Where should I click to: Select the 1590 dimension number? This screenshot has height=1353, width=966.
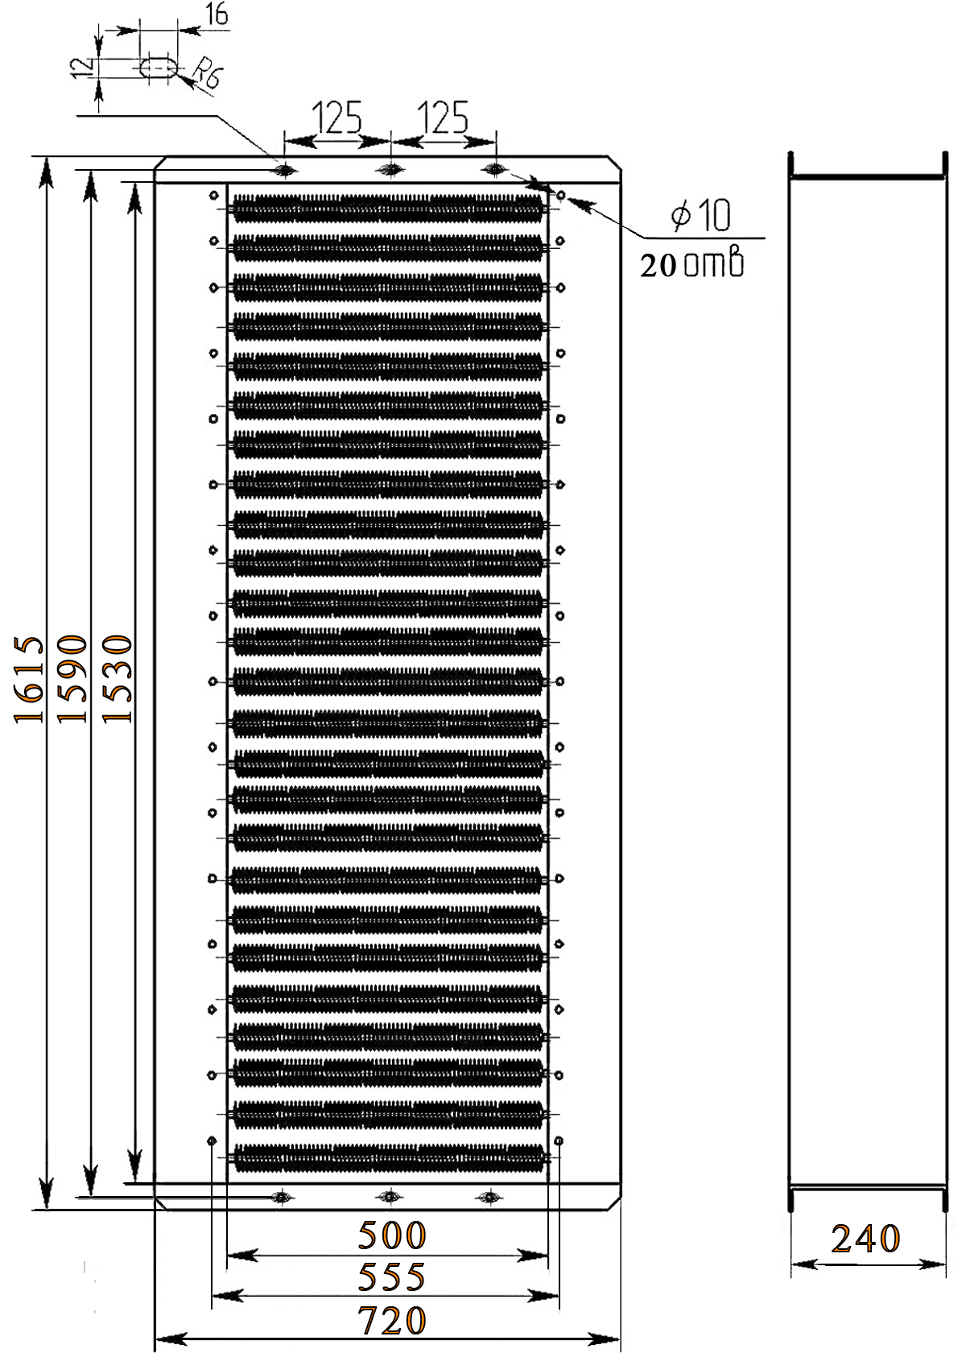72,679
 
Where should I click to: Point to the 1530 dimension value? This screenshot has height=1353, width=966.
118,679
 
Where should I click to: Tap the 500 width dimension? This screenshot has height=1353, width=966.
392,1235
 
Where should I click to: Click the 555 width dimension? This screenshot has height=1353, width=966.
392,1277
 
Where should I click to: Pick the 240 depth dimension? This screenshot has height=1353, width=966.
865,1239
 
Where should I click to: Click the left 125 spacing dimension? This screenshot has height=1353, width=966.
337,118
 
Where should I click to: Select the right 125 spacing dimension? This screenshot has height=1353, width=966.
443,118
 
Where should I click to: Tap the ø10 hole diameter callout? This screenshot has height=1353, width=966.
702,214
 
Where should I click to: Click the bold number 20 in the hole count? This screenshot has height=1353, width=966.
658,265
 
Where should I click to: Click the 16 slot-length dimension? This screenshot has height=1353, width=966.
217,14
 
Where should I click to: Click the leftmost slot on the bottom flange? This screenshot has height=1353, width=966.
281,1196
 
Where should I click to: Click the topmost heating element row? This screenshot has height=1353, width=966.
388,207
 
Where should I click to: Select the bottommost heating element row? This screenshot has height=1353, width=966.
388,1156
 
